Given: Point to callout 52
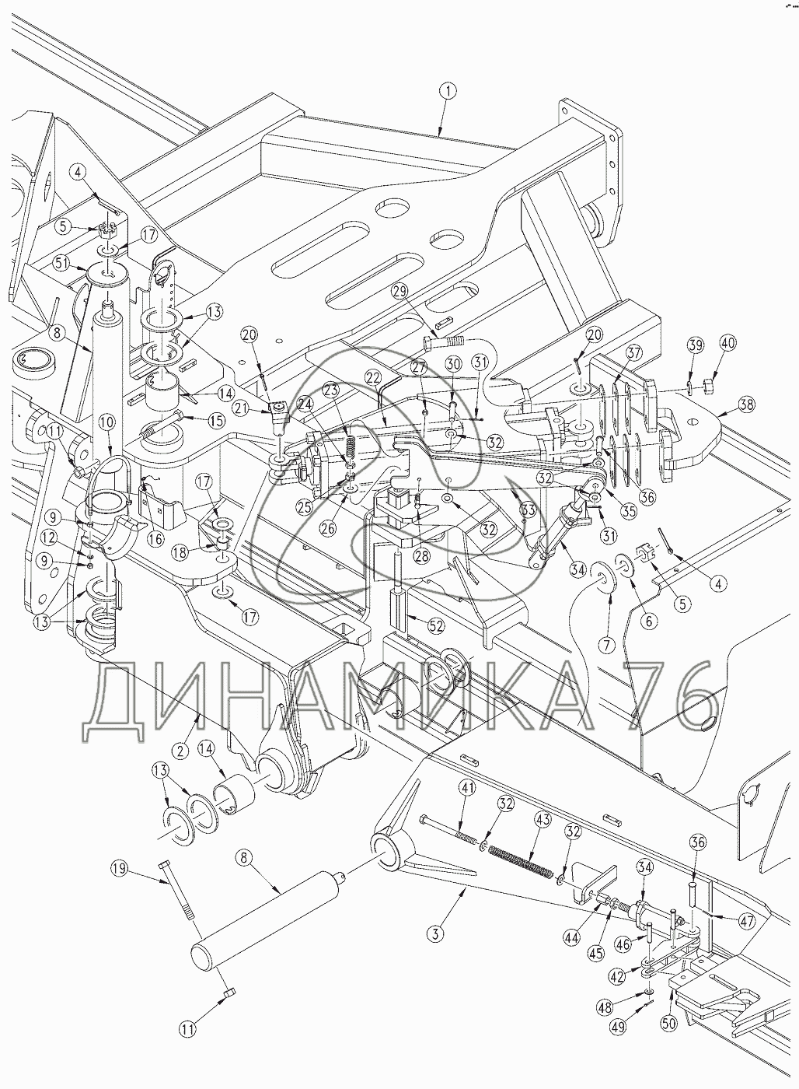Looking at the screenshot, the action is click(x=436, y=625).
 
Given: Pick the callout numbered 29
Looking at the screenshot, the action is click(x=402, y=292).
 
